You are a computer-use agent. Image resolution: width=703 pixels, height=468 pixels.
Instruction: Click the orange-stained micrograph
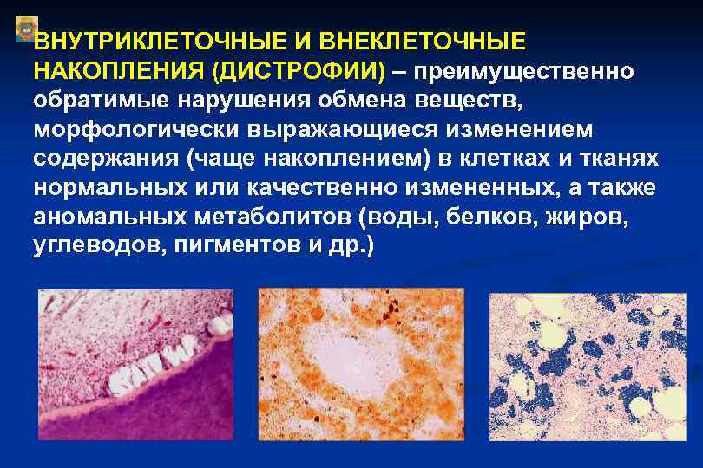coord(364,363)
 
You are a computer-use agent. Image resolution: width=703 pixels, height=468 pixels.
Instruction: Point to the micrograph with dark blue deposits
coord(587,367)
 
